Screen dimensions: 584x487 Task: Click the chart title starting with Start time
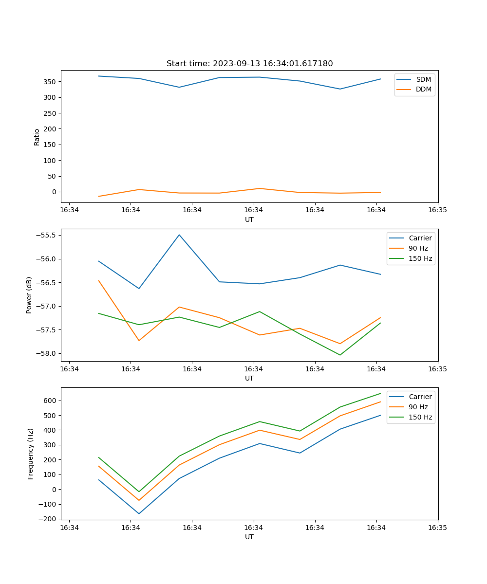[249, 64]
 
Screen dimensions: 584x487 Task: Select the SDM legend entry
[423, 79]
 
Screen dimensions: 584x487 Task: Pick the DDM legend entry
[423, 90]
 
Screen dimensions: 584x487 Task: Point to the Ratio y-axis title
[37, 137]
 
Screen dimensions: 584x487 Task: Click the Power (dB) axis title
[29, 295]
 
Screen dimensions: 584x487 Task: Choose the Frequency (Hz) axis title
[30, 454]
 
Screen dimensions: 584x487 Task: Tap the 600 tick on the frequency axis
[51, 401]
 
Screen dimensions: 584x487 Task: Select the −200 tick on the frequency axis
[49, 519]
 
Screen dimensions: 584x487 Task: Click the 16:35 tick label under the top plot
[437, 210]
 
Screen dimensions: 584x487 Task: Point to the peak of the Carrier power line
[179, 235]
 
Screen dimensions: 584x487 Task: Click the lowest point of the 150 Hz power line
[340, 355]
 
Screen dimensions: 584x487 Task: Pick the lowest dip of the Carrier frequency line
[139, 513]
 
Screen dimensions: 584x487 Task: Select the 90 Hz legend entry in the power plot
[418, 248]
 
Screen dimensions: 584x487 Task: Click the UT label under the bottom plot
[249, 537]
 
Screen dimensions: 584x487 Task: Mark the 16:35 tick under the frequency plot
[437, 528]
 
